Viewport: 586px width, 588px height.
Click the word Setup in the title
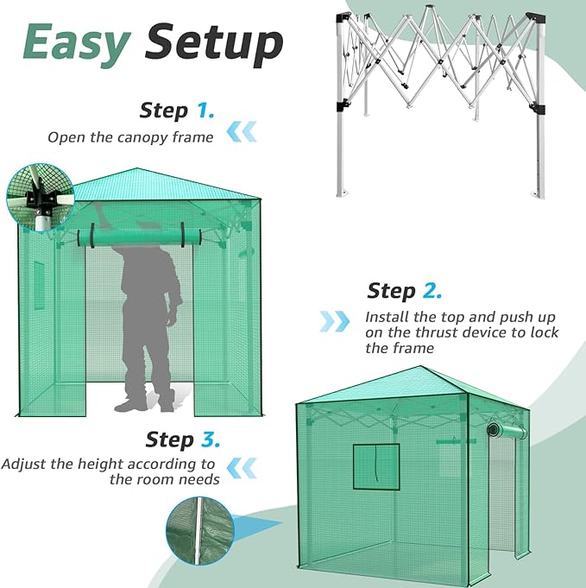(214, 42)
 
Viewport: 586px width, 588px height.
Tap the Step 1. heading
(177, 111)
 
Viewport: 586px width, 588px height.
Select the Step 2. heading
(404, 290)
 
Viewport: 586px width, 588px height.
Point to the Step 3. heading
(182, 439)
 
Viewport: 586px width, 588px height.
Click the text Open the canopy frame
(129, 136)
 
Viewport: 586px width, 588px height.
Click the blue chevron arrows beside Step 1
(242, 131)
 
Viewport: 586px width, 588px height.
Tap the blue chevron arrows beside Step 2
(335, 321)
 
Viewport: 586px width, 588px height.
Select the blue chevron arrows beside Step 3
(246, 467)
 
